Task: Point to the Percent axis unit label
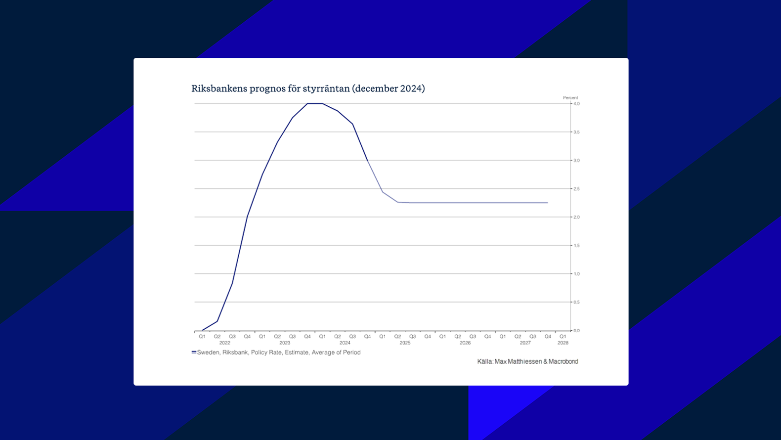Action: coord(570,98)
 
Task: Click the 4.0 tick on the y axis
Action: coord(576,104)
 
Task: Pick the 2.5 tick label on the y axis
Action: coord(576,189)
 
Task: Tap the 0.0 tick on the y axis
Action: coord(576,330)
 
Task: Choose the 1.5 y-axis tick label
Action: coord(576,246)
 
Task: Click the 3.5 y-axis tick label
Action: coord(576,132)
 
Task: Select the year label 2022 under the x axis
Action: coord(224,343)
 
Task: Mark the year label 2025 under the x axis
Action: coord(405,343)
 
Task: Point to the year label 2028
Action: coord(563,343)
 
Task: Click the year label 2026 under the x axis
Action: coord(465,343)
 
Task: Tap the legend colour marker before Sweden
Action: coord(194,352)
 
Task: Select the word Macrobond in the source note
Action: coord(563,361)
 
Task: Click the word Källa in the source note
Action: coord(485,361)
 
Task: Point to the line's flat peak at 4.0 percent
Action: coord(315,103)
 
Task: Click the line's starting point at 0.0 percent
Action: coord(203,330)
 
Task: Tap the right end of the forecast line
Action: coord(547,203)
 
